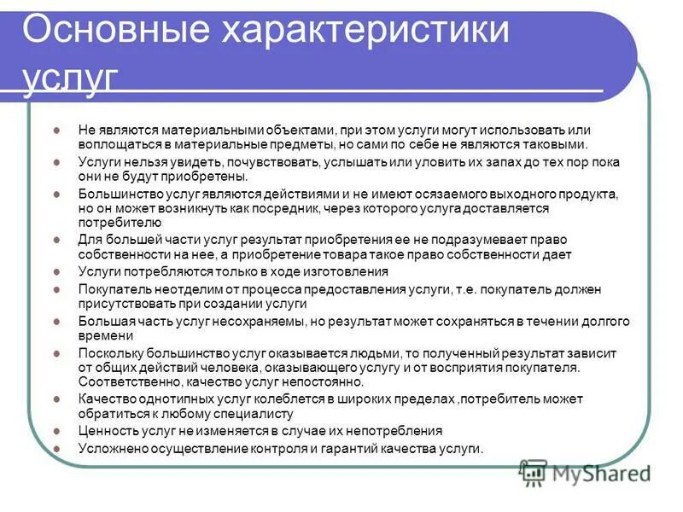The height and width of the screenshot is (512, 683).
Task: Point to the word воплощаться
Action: coord(116,144)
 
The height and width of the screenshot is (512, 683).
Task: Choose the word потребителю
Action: coord(114,223)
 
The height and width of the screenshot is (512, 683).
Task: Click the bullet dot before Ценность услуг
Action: coord(56,432)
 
